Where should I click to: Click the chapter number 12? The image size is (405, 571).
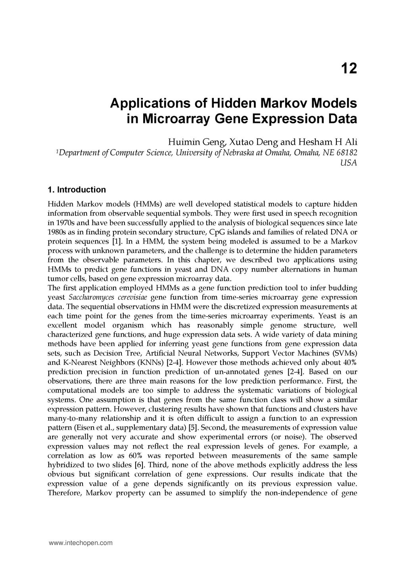349,69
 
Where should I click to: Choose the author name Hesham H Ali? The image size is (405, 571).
322,142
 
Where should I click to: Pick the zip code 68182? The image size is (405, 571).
346,152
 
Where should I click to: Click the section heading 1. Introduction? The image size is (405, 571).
77,190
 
